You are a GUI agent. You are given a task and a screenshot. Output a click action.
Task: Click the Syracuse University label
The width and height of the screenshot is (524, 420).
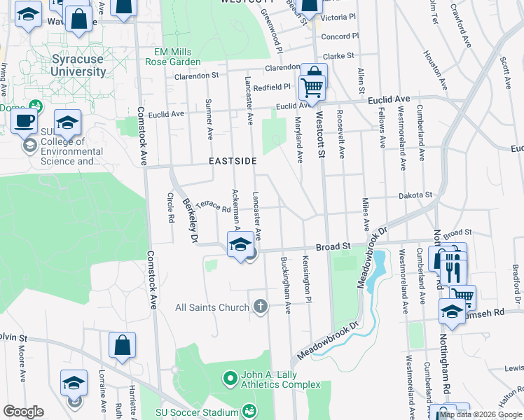click(x=78, y=65)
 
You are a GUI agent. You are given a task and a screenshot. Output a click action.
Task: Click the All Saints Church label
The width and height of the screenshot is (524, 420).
click(x=212, y=307)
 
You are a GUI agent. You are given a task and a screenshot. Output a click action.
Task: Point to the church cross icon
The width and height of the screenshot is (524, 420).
click(x=261, y=306)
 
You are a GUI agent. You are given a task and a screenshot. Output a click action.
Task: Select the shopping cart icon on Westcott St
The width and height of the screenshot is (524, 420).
click(x=312, y=87)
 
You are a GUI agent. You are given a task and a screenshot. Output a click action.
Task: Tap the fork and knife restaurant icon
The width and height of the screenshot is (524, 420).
click(x=453, y=266)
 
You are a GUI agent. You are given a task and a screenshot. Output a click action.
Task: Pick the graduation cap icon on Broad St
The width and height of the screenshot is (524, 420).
click(x=240, y=244)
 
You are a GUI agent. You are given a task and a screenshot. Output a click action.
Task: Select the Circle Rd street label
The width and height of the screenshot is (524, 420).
click(x=170, y=209)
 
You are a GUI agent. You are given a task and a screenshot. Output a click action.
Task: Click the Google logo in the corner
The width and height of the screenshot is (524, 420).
click(x=23, y=412)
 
